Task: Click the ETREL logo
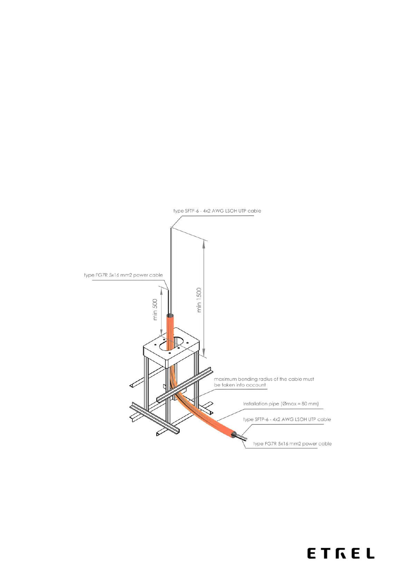tap(341, 553)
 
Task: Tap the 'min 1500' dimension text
tap(199, 300)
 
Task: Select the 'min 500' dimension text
tap(155, 309)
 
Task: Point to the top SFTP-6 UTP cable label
tap(217, 211)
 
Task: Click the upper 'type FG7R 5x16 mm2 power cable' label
tap(123, 275)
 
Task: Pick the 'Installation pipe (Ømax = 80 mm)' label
tap(280, 404)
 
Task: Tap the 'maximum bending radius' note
tap(264, 382)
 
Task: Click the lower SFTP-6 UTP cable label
tap(287, 420)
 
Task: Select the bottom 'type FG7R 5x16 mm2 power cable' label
tap(292, 444)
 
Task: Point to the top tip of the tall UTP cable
tap(171, 228)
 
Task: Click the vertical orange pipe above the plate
tap(170, 326)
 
